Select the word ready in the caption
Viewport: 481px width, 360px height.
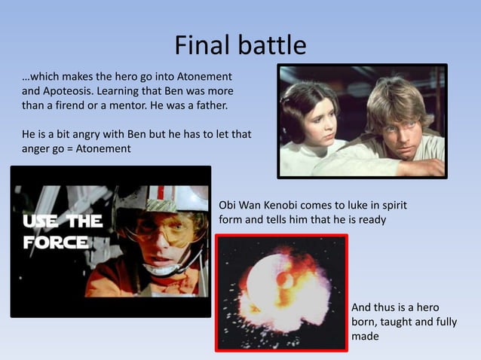(372, 219)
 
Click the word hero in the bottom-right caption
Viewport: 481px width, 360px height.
(424, 308)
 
